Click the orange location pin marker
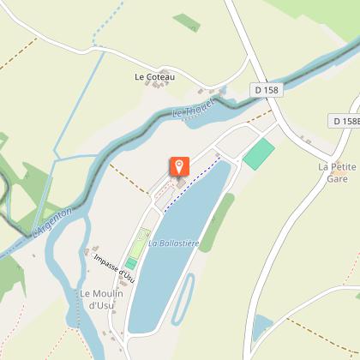(x=179, y=165)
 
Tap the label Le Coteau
(x=154, y=77)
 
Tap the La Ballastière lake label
(x=173, y=243)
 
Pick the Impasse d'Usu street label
(x=115, y=267)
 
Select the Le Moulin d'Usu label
(x=102, y=299)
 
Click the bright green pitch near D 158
(x=259, y=154)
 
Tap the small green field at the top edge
(x=186, y=21)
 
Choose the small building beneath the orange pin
(x=181, y=181)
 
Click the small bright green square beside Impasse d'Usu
(x=131, y=263)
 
